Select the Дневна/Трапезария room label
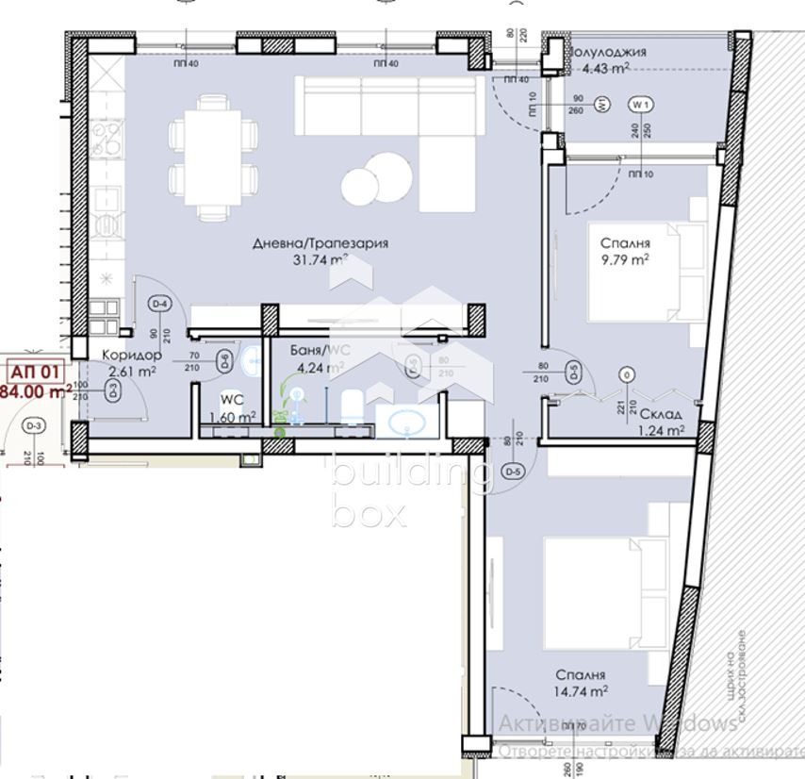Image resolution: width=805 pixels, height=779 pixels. (306, 243)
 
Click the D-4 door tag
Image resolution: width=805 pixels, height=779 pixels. (159, 304)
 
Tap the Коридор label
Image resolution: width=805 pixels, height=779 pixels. (132, 356)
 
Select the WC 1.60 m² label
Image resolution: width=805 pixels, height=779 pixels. (232, 407)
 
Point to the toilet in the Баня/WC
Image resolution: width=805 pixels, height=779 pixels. (351, 406)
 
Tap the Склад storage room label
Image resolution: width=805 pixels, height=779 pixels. (660, 414)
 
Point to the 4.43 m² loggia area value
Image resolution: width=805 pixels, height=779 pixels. (605, 68)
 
